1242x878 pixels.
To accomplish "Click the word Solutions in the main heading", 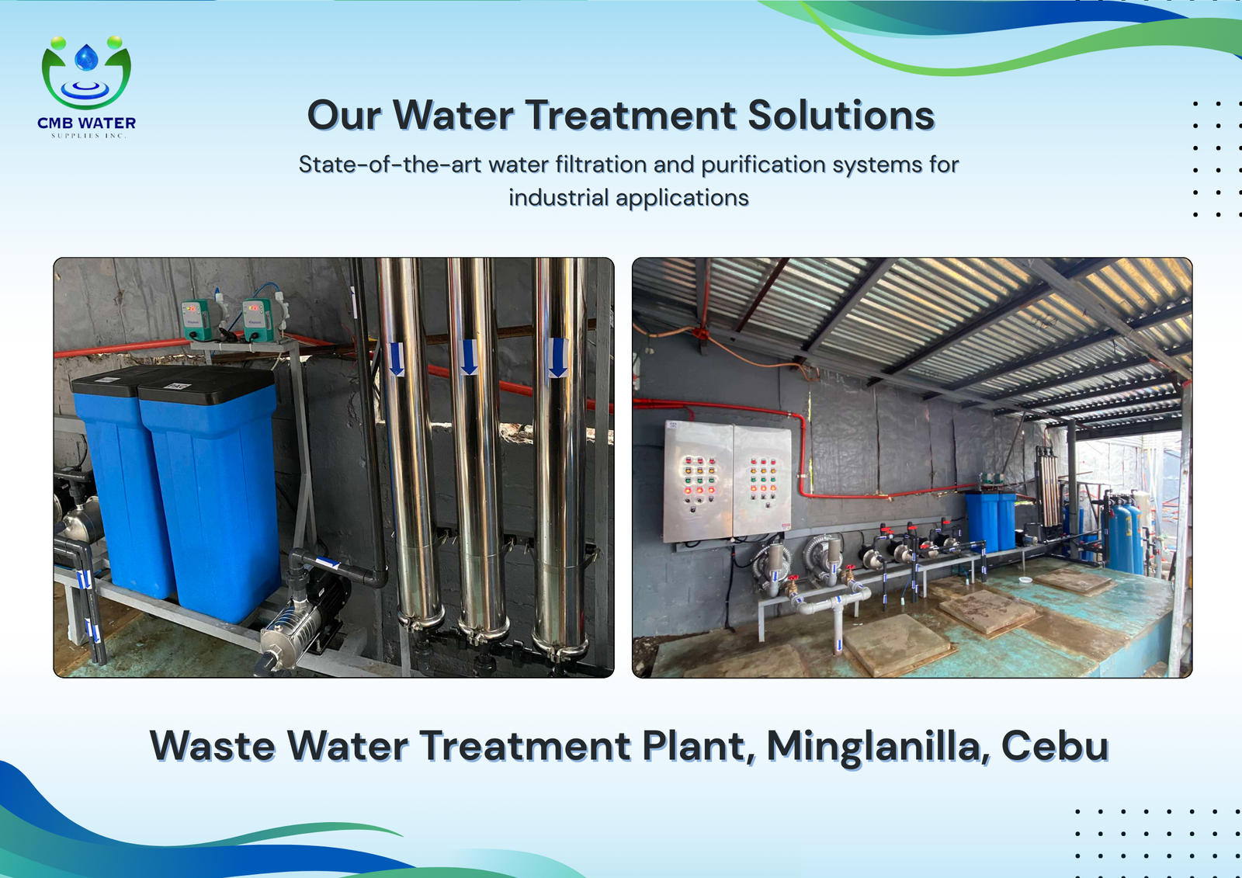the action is [x=841, y=116].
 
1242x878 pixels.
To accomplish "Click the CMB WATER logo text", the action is [x=86, y=123].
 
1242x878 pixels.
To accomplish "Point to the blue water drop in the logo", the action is [x=86, y=57].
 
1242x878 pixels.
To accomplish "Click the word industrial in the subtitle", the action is [x=557, y=198].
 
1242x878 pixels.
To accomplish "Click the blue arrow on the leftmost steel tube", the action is [x=397, y=359].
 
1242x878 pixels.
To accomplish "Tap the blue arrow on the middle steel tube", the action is [x=469, y=357].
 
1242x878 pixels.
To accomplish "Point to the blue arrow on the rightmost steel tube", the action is [x=558, y=358].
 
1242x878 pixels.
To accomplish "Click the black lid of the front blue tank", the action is [x=206, y=386].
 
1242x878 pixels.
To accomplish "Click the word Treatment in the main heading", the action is [x=631, y=116].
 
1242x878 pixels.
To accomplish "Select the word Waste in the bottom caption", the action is [x=213, y=747].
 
